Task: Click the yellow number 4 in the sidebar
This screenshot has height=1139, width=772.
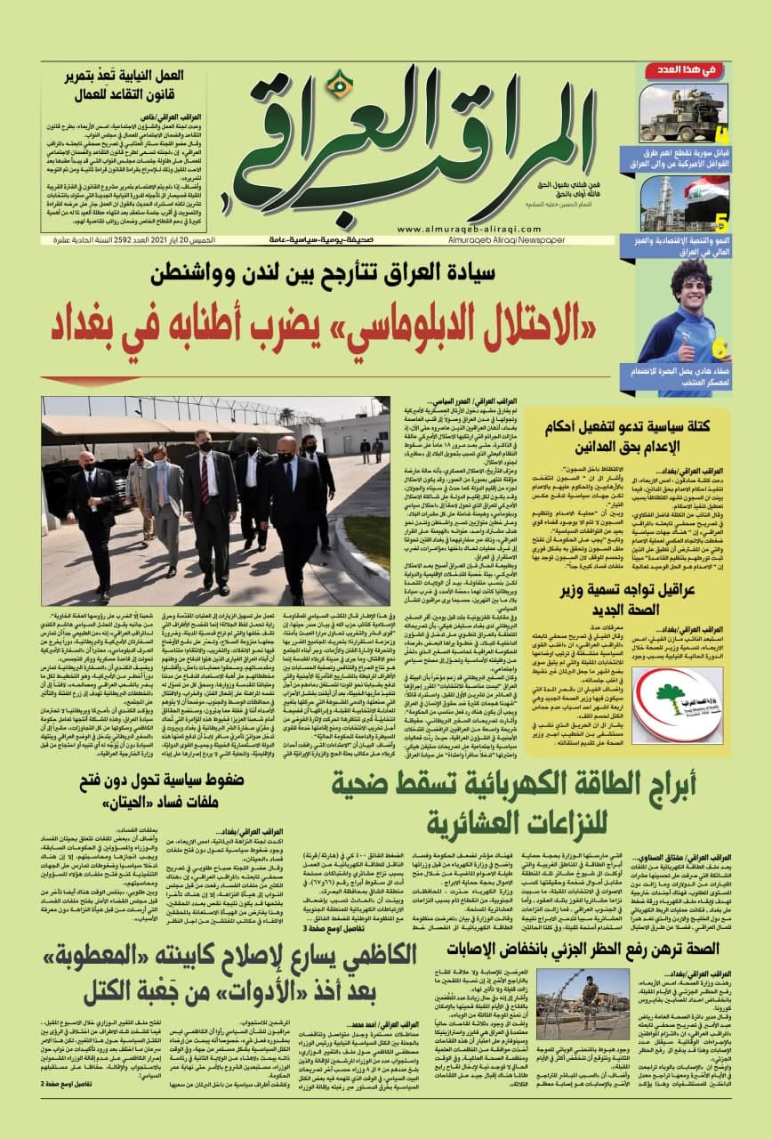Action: (721, 136)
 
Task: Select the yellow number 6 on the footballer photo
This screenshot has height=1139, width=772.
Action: (720, 348)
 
